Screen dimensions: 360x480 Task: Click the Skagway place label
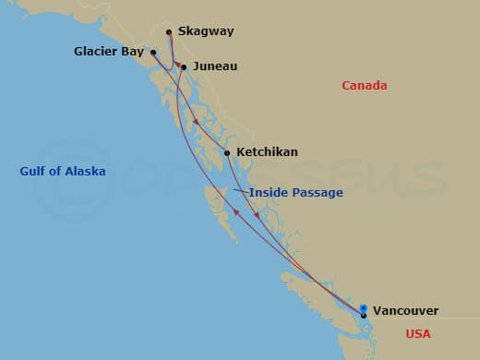click(206, 31)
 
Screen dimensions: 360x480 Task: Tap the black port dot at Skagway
click(169, 32)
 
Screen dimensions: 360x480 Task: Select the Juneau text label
click(215, 66)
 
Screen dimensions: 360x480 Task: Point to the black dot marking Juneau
click(184, 66)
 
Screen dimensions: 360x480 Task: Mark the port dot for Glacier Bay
click(153, 53)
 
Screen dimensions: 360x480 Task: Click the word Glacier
click(96, 52)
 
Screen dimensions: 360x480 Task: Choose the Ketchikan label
click(267, 151)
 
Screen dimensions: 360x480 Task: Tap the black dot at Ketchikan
click(227, 152)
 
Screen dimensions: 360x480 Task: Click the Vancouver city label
click(405, 311)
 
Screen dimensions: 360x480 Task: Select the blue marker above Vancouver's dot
click(364, 308)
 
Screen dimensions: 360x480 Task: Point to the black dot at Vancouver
click(364, 316)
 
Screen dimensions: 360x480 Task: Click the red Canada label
click(364, 86)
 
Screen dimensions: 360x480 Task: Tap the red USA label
click(417, 334)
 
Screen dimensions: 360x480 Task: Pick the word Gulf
click(35, 172)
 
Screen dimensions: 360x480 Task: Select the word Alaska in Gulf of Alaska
click(84, 172)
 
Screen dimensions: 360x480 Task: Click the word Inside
click(268, 192)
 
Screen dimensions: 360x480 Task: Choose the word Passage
click(317, 192)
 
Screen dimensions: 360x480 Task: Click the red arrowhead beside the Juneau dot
click(176, 66)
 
